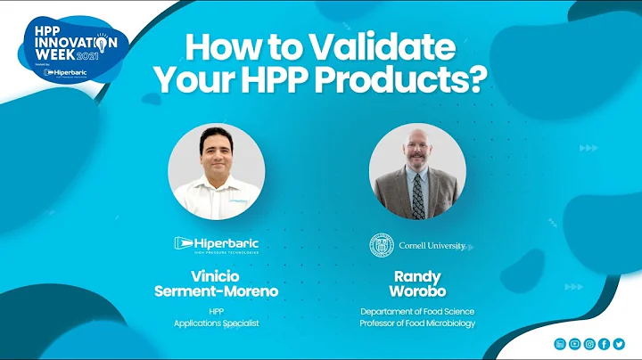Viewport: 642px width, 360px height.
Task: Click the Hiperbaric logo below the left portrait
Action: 216,243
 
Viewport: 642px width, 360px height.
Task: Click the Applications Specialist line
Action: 216,323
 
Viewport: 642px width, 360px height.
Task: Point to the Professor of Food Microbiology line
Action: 417,323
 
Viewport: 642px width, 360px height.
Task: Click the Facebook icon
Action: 605,343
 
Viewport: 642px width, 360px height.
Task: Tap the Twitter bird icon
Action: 619,343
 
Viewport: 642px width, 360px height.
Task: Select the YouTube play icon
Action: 575,343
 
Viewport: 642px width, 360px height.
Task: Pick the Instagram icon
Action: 589,343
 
